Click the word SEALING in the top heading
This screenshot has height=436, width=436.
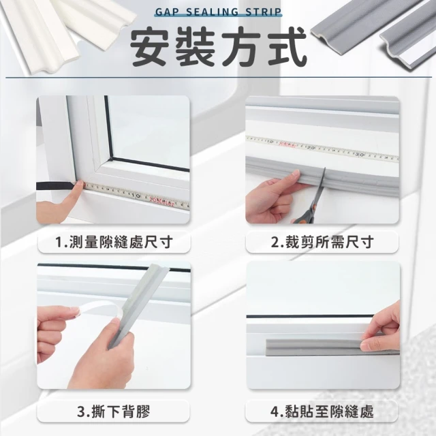211,12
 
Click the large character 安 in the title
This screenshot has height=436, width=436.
150,46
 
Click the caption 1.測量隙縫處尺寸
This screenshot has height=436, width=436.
114,242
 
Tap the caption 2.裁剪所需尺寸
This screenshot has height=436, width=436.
322,242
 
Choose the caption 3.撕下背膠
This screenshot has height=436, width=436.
114,411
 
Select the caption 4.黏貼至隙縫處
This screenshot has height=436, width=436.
322,411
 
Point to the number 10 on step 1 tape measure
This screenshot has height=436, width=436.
136,196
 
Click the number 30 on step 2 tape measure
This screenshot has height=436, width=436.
360,155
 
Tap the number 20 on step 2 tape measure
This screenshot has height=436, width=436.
311,148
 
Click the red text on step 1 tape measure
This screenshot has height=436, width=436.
162,202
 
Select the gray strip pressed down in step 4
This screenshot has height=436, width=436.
317,347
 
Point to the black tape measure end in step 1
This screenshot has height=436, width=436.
55,186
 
